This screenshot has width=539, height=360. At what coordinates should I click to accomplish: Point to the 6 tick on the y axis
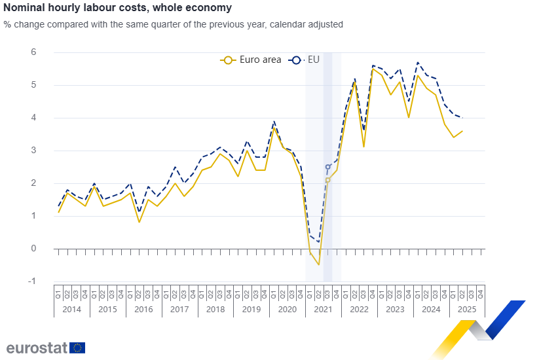tap(33, 52)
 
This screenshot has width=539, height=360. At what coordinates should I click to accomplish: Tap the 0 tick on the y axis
tap(33, 249)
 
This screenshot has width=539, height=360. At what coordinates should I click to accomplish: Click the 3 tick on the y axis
tap(33, 151)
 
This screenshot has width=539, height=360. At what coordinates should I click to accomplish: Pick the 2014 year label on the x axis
tap(72, 308)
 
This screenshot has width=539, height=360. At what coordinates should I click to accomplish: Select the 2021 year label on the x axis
tap(324, 308)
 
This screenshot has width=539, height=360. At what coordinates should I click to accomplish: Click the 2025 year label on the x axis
tap(467, 308)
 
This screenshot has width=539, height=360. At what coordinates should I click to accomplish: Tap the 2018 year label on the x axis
tap(215, 308)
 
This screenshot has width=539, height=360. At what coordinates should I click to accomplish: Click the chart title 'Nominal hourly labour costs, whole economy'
tap(117, 8)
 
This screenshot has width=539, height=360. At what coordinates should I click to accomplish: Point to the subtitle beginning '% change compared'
tap(174, 24)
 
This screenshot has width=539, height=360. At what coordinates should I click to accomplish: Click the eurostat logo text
tap(37, 348)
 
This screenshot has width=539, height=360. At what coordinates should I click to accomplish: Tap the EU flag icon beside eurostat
tap(77, 348)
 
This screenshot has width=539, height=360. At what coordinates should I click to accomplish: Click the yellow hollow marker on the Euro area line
tap(327, 180)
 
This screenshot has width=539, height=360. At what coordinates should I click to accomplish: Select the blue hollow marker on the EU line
tap(328, 167)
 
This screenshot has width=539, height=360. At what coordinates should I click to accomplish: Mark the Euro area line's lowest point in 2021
tap(319, 264)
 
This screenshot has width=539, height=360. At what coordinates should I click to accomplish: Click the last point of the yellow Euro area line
tap(462, 131)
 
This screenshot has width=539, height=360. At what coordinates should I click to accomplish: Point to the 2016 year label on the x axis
tap(143, 308)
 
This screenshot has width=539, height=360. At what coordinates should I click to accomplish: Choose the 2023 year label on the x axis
tap(395, 308)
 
